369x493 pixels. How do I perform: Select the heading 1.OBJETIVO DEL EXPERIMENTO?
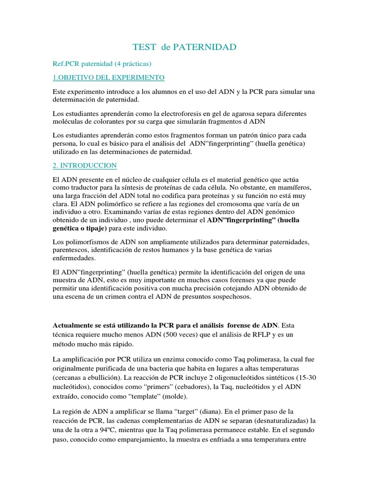pos(109,77)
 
